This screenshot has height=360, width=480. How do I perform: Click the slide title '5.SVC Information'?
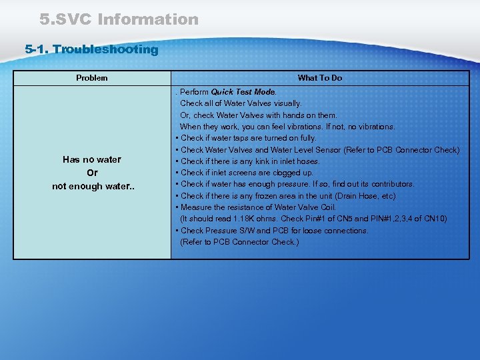pos(119,19)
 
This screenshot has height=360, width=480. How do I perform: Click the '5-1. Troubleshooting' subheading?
pos(91,49)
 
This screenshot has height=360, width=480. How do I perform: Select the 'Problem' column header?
pos(91,78)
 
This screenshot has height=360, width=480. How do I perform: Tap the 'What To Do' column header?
pos(320,78)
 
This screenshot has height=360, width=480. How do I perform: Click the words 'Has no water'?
pos(92,160)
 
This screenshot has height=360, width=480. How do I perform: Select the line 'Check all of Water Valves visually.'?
pos(241,103)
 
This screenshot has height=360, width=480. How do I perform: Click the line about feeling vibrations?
pos(287,127)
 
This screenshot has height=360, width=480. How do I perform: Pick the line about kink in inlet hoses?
pos(250,161)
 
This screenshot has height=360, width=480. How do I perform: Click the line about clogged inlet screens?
pos(247,173)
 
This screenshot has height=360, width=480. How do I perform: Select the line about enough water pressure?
pos(297,184)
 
